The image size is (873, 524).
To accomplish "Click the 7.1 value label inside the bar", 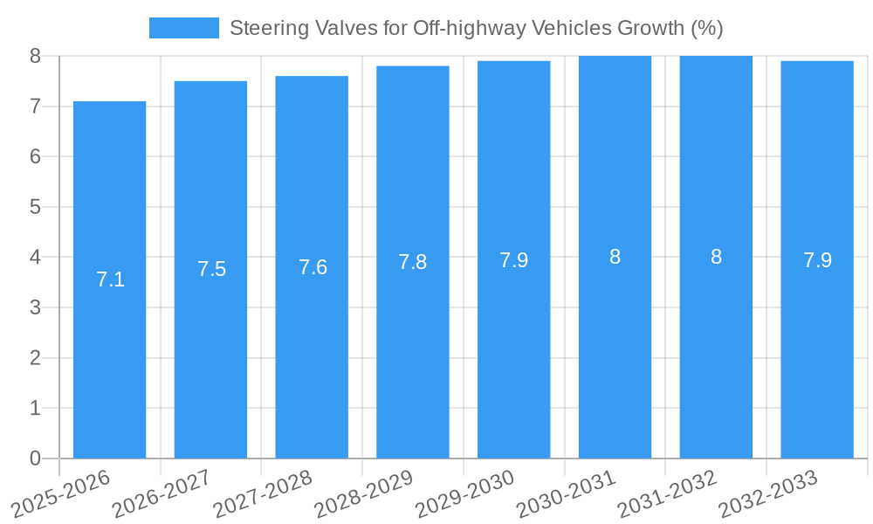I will (110, 279).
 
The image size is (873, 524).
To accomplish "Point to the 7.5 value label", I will (211, 269).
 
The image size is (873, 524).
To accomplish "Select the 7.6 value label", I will (313, 267).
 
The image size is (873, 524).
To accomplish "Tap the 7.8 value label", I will (413, 262).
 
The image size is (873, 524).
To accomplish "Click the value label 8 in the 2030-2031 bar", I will (615, 257).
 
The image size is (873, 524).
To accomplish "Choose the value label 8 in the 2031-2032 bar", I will (716, 257).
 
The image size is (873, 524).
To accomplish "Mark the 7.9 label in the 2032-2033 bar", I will (817, 260).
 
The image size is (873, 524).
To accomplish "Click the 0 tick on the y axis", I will (35, 458).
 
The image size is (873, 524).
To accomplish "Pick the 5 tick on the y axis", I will (35, 207).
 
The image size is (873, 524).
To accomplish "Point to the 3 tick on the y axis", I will (35, 307).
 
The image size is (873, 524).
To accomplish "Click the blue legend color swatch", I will (183, 28).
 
